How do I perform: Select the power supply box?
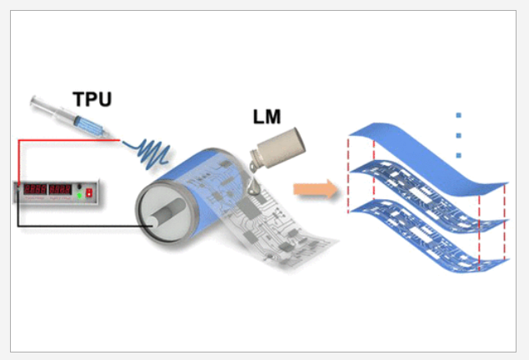(x=52, y=192)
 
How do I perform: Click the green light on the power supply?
(x=79, y=194)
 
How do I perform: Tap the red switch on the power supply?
(x=88, y=193)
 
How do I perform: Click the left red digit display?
(x=34, y=190)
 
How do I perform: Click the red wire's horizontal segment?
(x=58, y=141)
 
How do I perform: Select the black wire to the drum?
(x=83, y=226)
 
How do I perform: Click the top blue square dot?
(x=458, y=116)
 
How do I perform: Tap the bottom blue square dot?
(x=458, y=155)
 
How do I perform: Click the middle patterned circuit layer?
(x=425, y=200)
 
